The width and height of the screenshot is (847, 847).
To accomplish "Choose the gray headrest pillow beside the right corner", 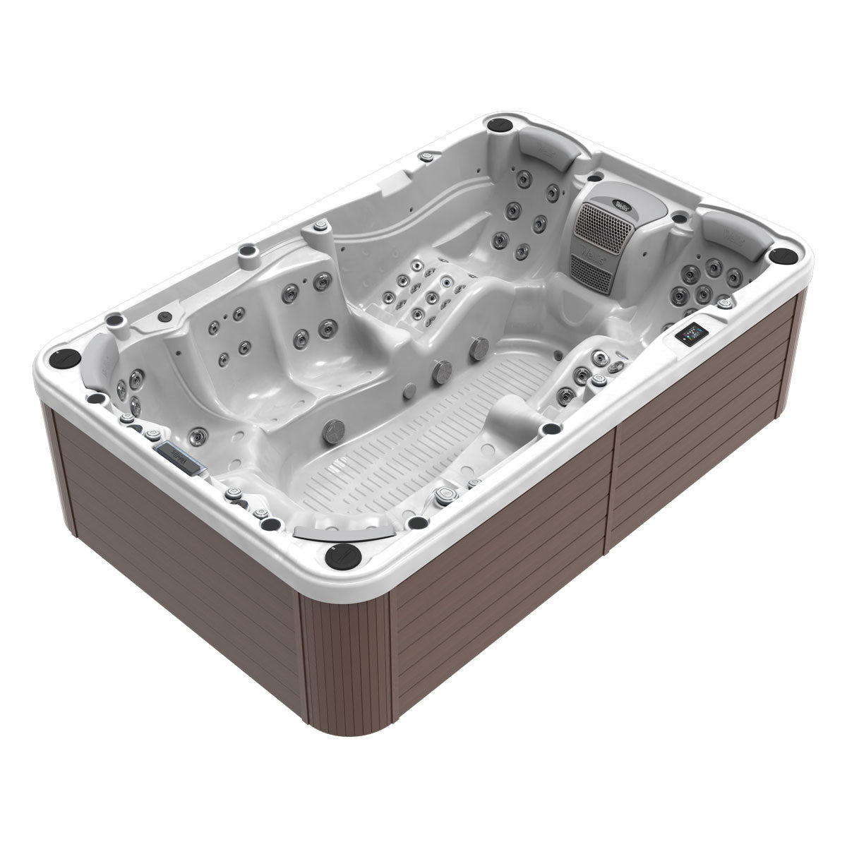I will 734,233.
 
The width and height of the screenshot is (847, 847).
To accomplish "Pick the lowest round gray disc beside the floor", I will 334,429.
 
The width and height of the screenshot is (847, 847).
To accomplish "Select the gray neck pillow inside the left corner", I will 99,359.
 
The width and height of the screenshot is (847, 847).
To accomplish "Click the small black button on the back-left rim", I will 164,316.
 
